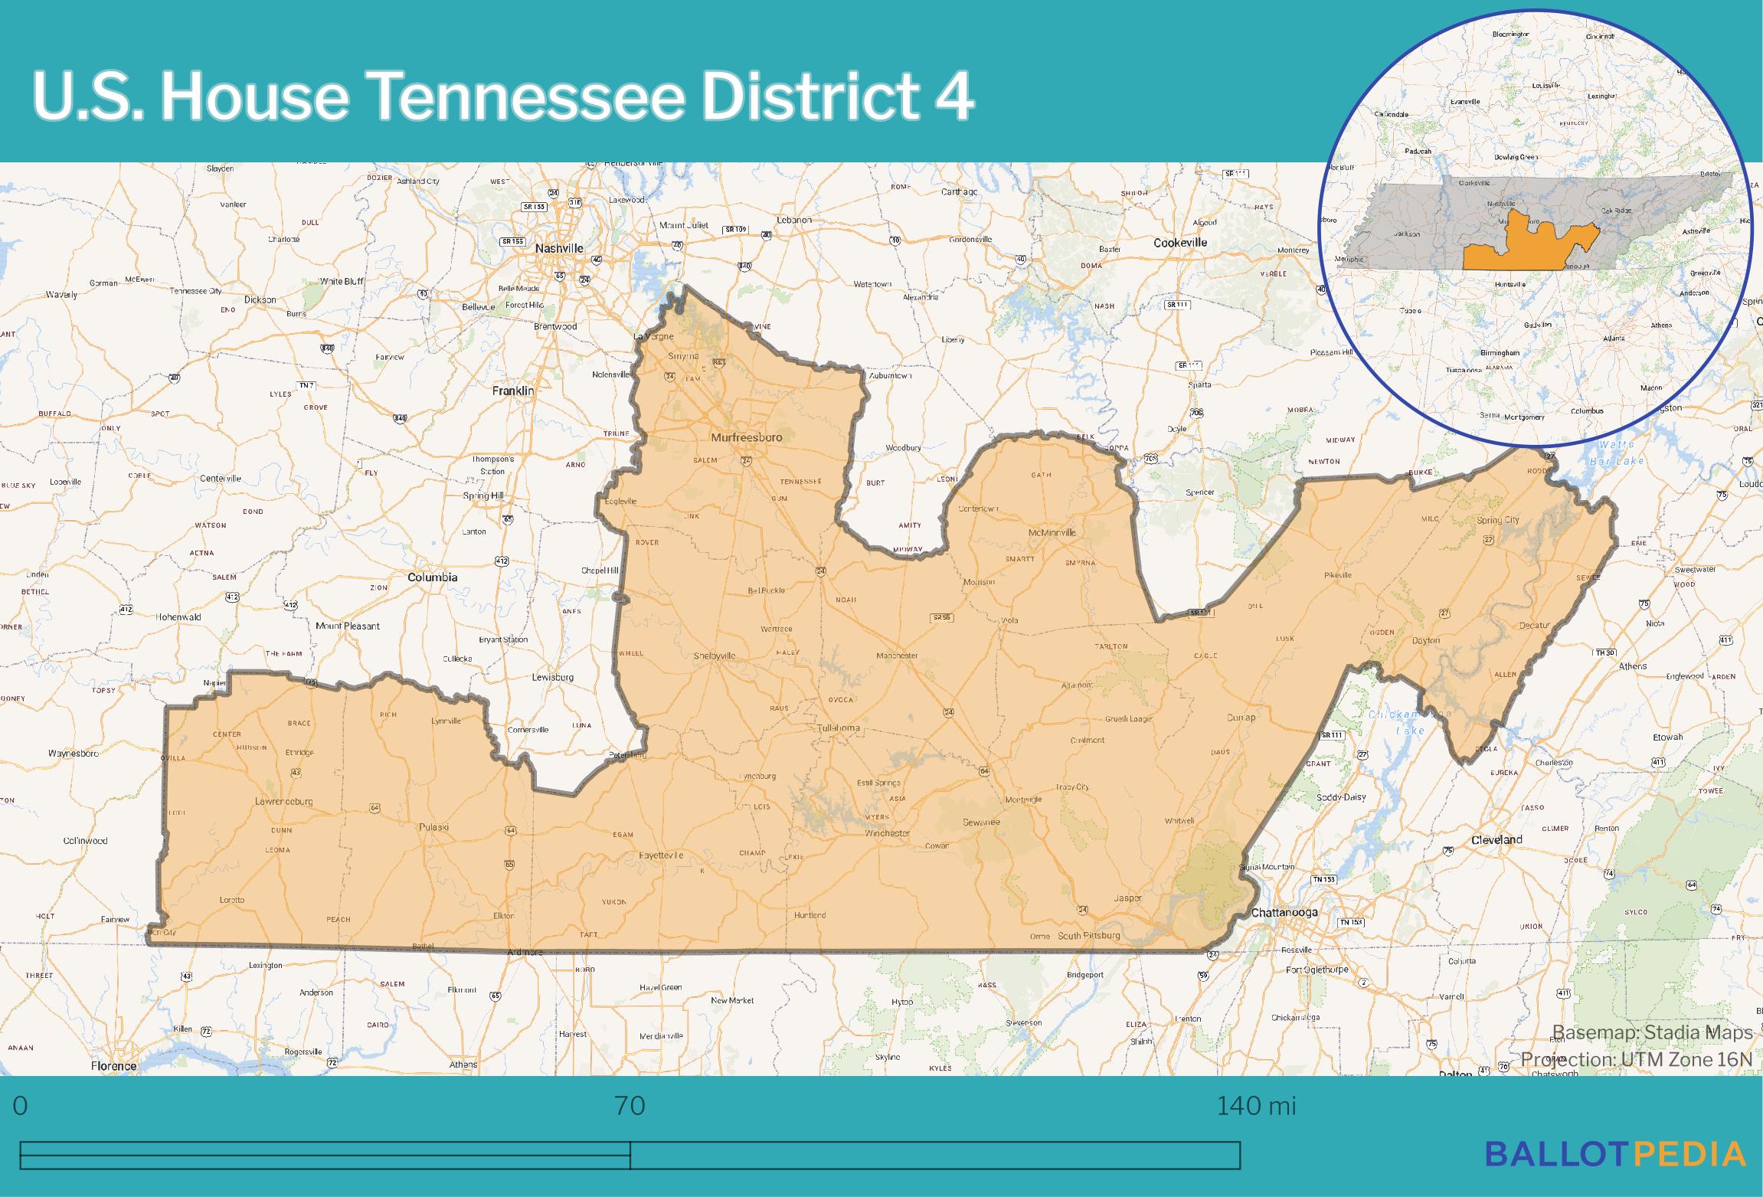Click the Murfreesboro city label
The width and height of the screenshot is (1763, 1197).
[x=746, y=437]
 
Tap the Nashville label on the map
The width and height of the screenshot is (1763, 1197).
[x=559, y=248]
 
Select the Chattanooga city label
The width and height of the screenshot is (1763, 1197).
[x=1284, y=912]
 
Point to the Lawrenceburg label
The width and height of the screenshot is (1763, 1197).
[x=283, y=801]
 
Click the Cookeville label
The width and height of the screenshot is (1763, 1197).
[x=1180, y=242]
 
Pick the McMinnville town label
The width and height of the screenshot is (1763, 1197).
[x=1052, y=532]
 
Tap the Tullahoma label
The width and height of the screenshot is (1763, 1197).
[x=838, y=728]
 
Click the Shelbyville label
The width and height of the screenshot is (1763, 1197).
[x=714, y=656]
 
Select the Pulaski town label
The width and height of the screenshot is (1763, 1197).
[x=433, y=826]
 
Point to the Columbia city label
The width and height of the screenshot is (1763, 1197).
[x=432, y=577]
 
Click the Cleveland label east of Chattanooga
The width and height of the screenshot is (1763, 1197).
[x=1496, y=839]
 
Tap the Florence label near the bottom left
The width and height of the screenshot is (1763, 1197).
[x=113, y=1065]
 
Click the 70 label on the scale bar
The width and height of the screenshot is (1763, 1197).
[x=630, y=1106]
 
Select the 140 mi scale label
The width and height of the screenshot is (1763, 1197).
[x=1256, y=1106]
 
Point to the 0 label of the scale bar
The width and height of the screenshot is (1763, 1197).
[x=21, y=1106]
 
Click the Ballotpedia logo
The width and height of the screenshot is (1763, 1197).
[x=1615, y=1153]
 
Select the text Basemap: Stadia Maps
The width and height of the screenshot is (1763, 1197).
[x=1652, y=1032]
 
